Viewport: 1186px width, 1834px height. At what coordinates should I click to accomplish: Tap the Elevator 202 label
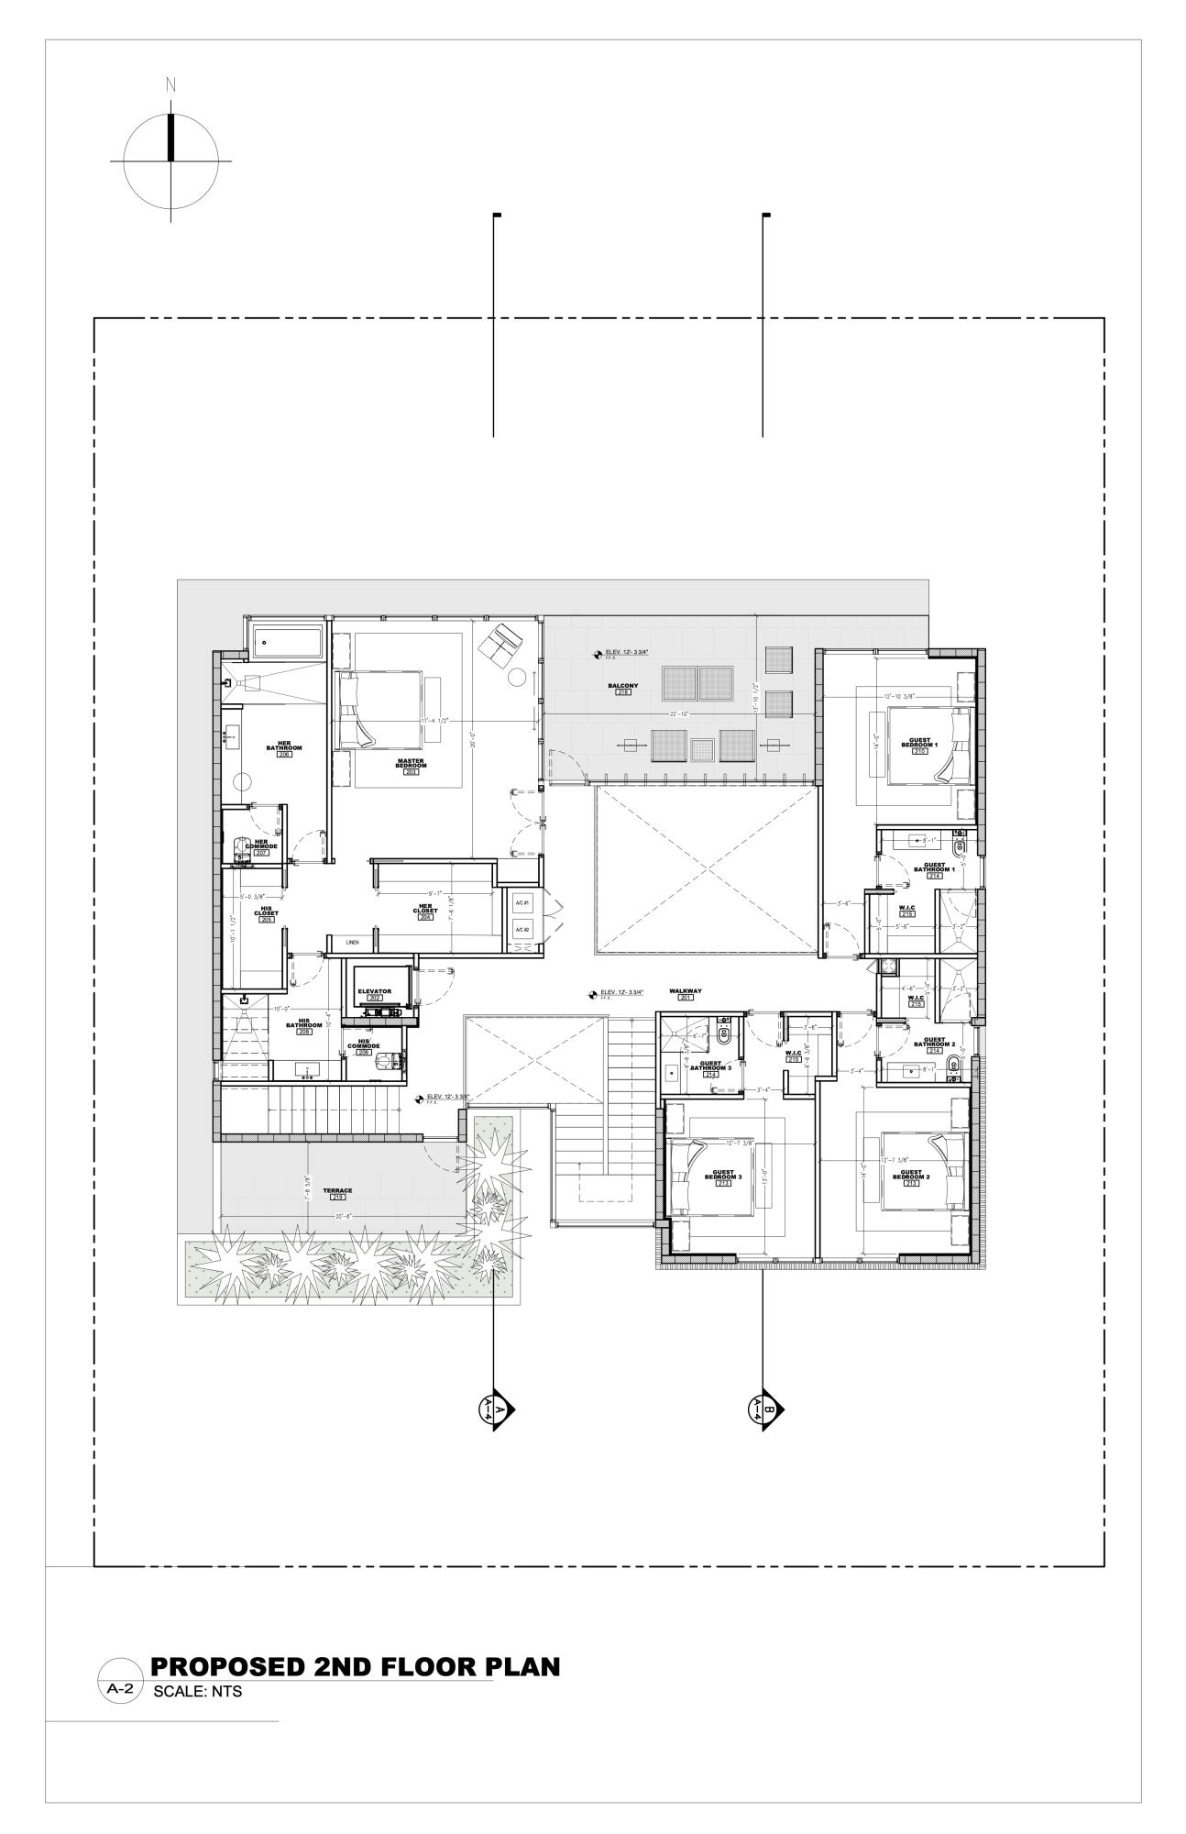374,993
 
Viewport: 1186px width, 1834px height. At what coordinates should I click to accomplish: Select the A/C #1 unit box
522,904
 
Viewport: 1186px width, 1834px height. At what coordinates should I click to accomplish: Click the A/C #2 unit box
522,931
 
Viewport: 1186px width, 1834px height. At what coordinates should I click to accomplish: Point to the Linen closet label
352,943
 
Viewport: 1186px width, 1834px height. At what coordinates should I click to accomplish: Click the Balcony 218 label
622,688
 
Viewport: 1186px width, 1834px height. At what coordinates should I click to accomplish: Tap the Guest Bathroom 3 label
710,1067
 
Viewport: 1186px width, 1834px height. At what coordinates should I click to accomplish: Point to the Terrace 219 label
337,1193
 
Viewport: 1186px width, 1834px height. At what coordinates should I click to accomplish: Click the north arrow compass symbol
170,160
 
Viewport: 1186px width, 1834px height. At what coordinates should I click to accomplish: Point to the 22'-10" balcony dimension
678,713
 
